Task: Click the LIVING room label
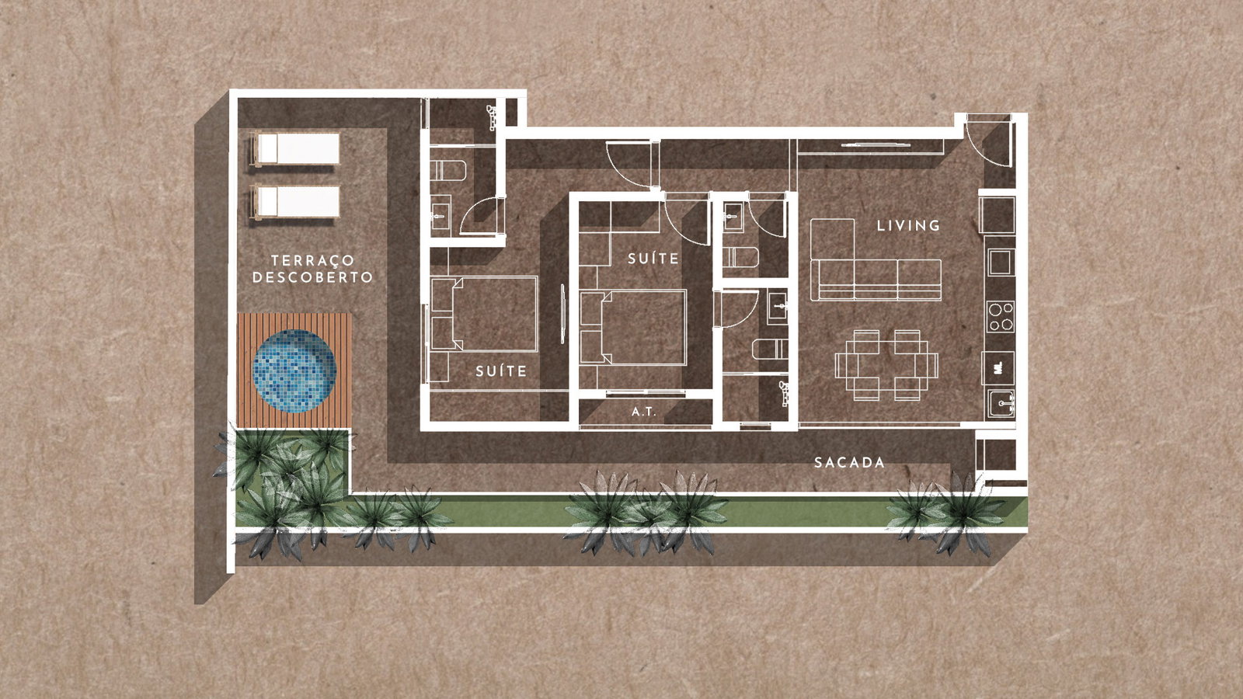pyautogui.click(x=908, y=225)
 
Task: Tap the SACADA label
pyautogui.click(x=849, y=463)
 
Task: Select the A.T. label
pyautogui.click(x=644, y=412)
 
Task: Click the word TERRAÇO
pyautogui.click(x=312, y=260)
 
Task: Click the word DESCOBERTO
pyautogui.click(x=312, y=276)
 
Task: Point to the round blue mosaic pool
pyautogui.click(x=294, y=371)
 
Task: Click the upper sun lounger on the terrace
pyautogui.click(x=296, y=148)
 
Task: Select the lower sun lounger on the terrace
pyautogui.click(x=296, y=201)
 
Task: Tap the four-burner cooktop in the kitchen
pyautogui.click(x=1001, y=317)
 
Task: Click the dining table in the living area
pyautogui.click(x=886, y=365)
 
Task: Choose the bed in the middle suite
pyautogui.click(x=633, y=327)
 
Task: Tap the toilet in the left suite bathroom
pyautogui.click(x=448, y=170)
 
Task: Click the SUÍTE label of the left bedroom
pyautogui.click(x=501, y=371)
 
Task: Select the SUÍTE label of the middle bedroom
pyautogui.click(x=653, y=259)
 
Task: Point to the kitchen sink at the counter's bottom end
pyautogui.click(x=1001, y=403)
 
